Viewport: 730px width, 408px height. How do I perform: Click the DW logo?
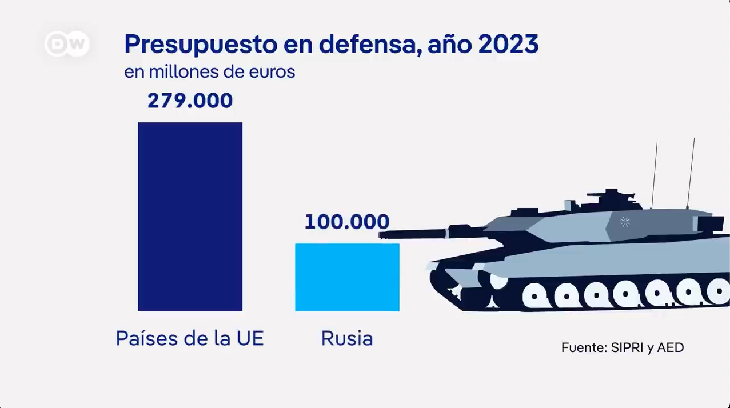(x=67, y=44)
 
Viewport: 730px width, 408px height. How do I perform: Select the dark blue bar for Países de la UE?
(x=190, y=217)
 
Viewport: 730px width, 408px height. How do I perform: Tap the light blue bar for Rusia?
(x=347, y=277)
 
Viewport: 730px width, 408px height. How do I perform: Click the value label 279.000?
(x=190, y=101)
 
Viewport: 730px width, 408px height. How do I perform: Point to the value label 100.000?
(x=346, y=222)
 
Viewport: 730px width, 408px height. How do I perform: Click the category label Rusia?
(x=347, y=338)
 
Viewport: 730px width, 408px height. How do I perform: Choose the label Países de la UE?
(x=190, y=338)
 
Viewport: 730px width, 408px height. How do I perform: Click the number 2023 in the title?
(x=509, y=44)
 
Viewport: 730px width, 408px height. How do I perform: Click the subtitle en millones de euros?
(x=209, y=73)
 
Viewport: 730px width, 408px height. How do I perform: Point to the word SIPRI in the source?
(x=627, y=347)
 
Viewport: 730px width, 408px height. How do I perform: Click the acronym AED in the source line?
(x=671, y=347)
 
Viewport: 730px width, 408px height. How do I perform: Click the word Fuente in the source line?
(x=584, y=347)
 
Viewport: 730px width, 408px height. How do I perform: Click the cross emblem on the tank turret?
(x=625, y=222)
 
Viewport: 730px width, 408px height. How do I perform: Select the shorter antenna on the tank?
(x=655, y=175)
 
